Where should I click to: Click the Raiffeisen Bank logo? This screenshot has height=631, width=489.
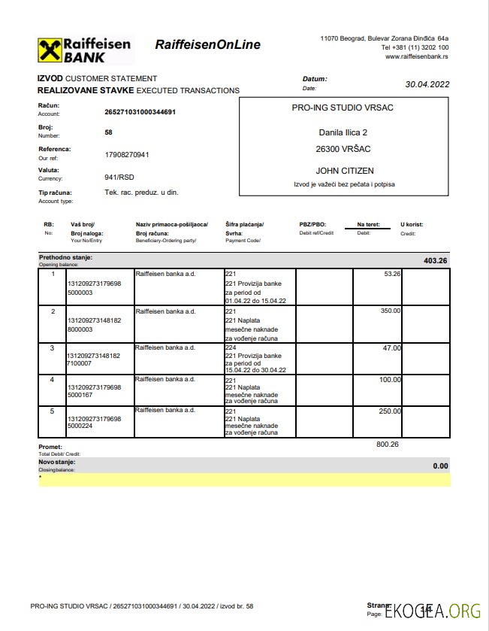tap(84, 49)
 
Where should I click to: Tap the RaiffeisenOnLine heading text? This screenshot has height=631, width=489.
tap(207, 44)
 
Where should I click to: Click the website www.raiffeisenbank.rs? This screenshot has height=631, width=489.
tap(417, 56)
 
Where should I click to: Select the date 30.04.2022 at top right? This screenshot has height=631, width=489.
tap(427, 84)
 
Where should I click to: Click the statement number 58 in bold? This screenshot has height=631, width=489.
tap(109, 132)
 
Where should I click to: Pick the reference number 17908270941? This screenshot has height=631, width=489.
tap(127, 154)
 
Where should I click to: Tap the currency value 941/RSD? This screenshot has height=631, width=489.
tap(119, 177)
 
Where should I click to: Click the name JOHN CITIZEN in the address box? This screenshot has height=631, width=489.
tap(344, 171)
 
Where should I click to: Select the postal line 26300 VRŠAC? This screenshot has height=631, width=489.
tap(344, 149)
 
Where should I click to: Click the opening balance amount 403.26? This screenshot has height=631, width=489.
tap(435, 261)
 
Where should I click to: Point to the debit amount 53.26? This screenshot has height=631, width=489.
tap(392, 274)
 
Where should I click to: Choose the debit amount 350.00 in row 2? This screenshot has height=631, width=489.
tap(391, 311)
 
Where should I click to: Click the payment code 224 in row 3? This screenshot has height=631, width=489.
tap(231, 347)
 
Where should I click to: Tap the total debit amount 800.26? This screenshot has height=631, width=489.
tap(387, 444)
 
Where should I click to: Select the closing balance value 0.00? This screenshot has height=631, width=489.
tap(440, 466)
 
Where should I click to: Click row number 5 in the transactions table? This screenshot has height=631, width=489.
tap(53, 411)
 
